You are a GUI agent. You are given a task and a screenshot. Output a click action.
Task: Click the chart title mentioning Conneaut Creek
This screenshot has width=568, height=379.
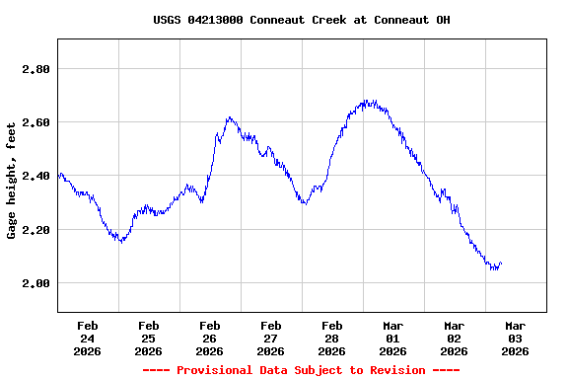[302, 20]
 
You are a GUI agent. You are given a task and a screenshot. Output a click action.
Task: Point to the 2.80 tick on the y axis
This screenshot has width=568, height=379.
[36, 69]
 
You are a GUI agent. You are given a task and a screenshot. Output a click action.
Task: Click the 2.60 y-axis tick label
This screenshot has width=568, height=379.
[36, 122]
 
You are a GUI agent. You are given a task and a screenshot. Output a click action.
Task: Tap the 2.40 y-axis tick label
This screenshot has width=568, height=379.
[36, 176]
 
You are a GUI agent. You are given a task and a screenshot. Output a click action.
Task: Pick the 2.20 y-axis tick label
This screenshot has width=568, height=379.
[36, 230]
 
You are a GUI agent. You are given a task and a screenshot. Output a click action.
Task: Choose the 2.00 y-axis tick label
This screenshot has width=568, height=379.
[36, 283]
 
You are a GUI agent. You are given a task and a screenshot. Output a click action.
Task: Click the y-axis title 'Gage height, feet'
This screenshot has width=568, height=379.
[12, 181]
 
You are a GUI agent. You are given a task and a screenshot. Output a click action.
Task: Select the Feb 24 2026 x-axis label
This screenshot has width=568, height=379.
[87, 338]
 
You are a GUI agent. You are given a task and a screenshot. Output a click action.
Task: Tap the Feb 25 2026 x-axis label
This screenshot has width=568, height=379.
[148, 338]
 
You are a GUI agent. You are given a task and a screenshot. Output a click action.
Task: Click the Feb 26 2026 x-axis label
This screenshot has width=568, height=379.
[209, 338]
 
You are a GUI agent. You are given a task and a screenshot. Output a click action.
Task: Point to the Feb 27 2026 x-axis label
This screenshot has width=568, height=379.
[270, 338]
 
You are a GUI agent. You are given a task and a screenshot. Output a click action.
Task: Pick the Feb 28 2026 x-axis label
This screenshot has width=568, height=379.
[331, 338]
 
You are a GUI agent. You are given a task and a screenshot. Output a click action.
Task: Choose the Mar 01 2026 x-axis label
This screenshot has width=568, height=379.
[392, 338]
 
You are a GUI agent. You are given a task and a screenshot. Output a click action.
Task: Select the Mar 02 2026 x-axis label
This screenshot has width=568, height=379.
[454, 338]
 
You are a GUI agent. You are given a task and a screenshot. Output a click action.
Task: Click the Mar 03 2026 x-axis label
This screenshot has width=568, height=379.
[515, 338]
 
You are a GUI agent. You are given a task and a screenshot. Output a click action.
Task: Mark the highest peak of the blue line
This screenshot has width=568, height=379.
[367, 101]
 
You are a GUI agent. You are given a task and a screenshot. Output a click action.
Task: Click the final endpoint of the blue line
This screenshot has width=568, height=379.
[501, 263]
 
